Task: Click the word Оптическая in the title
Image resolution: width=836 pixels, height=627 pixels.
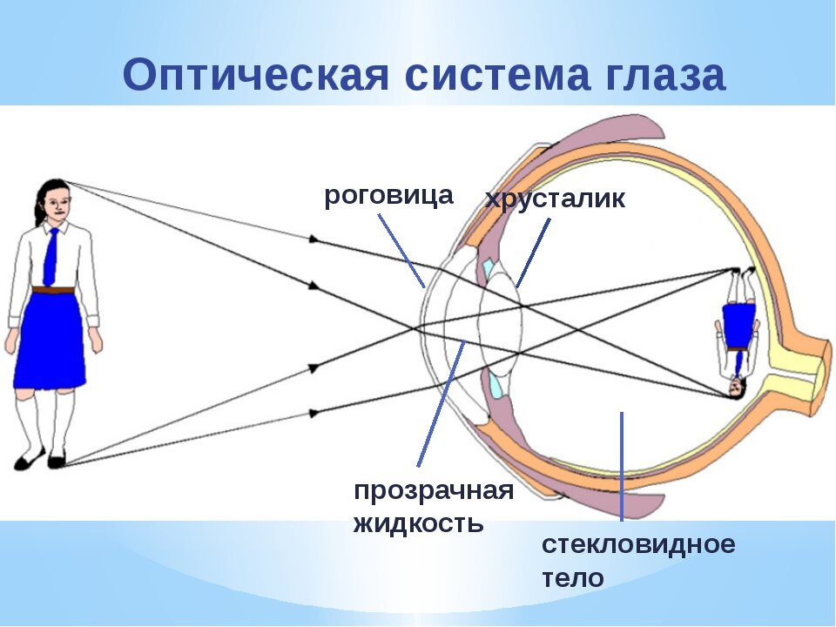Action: (255, 75)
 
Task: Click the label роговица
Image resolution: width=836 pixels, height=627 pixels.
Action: (388, 196)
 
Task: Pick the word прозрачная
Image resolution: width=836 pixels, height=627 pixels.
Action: (434, 491)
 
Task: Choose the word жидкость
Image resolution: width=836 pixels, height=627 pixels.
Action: (419, 523)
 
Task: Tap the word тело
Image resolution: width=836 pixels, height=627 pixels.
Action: (573, 578)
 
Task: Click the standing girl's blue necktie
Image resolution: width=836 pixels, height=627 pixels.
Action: (51, 257)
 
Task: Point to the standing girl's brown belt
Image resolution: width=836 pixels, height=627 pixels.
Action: (52, 290)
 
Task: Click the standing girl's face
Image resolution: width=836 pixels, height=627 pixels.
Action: (57, 204)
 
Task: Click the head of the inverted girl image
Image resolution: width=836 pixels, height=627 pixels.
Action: (737, 388)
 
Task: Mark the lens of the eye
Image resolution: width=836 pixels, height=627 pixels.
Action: (502, 324)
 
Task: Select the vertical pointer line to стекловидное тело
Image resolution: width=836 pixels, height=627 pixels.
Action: (622, 467)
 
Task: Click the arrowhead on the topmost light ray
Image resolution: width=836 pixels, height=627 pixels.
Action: (314, 240)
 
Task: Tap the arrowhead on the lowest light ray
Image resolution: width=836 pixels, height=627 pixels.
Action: (314, 413)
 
